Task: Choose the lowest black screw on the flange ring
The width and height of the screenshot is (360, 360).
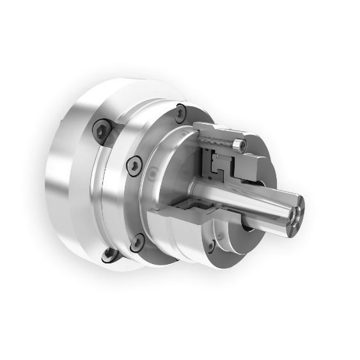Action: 136,243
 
